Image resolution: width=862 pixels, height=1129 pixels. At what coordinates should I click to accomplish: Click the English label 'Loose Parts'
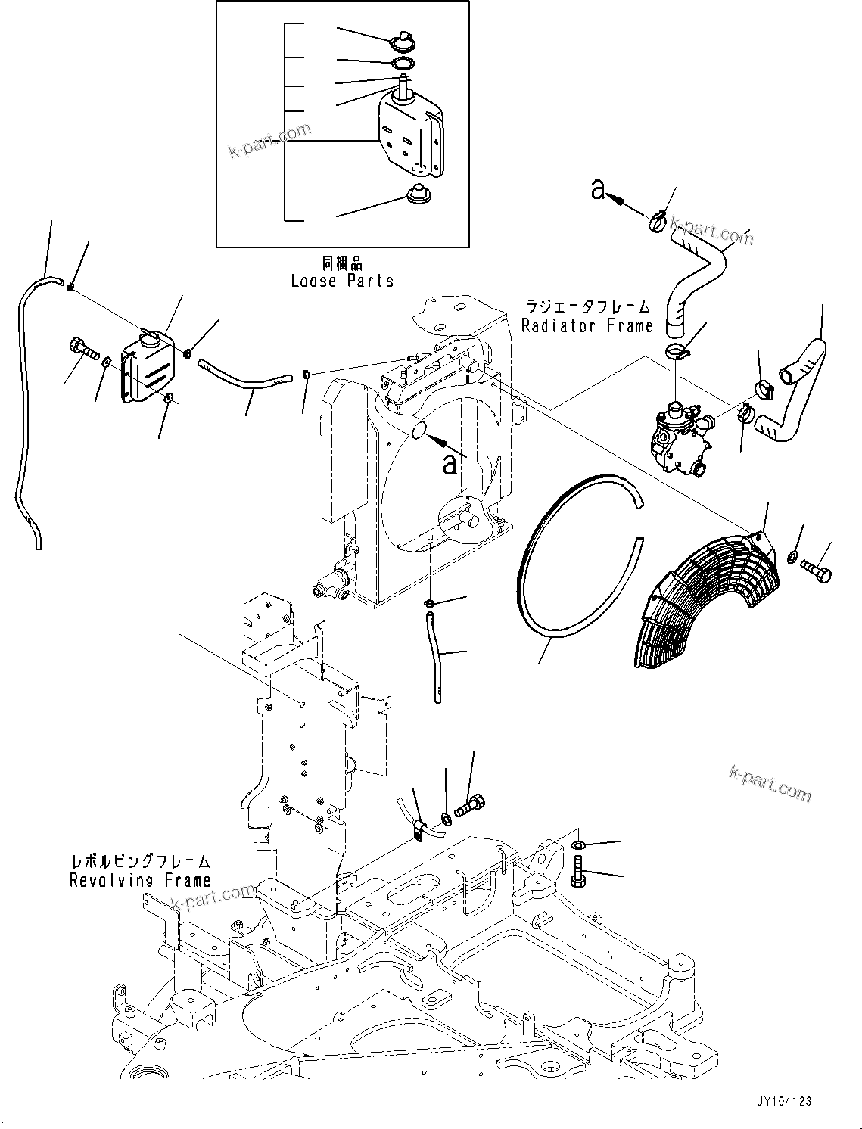(342, 281)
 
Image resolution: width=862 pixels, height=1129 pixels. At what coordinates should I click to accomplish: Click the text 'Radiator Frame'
(587, 326)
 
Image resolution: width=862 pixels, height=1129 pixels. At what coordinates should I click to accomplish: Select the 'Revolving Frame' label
(140, 880)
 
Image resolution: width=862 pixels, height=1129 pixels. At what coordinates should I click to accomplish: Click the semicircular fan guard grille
(700, 598)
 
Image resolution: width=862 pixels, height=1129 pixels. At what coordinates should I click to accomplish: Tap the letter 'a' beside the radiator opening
(450, 463)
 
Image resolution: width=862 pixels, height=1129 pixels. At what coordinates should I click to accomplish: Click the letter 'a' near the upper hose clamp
(599, 190)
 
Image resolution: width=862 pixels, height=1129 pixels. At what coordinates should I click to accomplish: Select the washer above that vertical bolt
(577, 844)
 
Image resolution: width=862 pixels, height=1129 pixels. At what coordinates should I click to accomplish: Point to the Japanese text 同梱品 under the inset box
(342, 263)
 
